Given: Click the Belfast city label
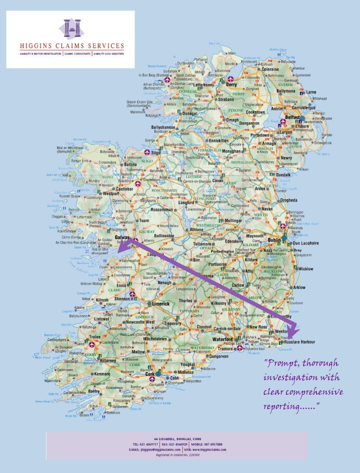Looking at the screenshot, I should point(292,117).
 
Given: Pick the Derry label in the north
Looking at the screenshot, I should point(231,85).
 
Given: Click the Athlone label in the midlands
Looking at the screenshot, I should point(196,229).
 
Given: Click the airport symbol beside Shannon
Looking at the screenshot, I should point(132,295).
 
